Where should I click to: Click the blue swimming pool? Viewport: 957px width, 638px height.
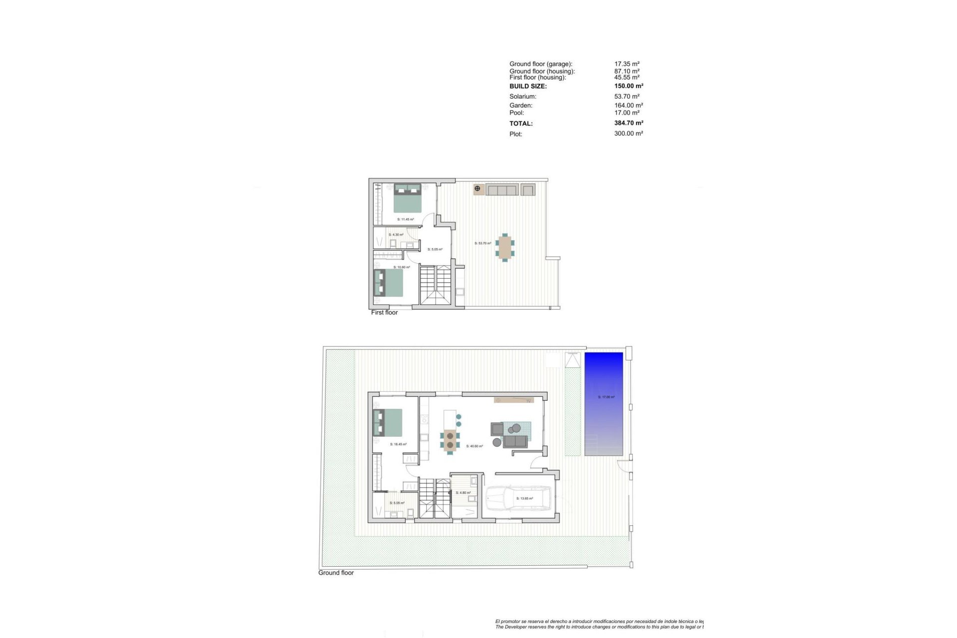pyautogui.click(x=604, y=404)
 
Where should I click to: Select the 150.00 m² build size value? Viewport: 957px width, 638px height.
pyautogui.click(x=629, y=86)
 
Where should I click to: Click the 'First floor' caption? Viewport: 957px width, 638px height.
pyautogui.click(x=384, y=313)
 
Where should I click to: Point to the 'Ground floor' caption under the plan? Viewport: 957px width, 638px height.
pyautogui.click(x=336, y=573)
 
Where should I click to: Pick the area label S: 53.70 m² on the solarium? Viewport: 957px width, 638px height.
pyautogui.click(x=482, y=243)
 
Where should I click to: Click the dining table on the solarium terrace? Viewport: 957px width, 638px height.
pyautogui.click(x=505, y=247)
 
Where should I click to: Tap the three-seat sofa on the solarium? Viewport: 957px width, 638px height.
pyautogui.click(x=502, y=190)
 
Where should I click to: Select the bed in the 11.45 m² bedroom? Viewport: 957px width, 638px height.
pyautogui.click(x=408, y=198)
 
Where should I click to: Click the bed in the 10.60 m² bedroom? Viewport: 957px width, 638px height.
pyautogui.click(x=388, y=283)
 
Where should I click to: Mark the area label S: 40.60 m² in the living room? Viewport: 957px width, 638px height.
pyautogui.click(x=475, y=446)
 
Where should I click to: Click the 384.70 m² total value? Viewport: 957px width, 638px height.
pyautogui.click(x=629, y=123)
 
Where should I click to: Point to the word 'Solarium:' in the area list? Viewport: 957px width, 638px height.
pyautogui.click(x=523, y=97)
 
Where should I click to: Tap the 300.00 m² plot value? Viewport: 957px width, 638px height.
pyautogui.click(x=629, y=134)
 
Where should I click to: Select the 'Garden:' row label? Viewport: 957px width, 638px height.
pyautogui.click(x=521, y=106)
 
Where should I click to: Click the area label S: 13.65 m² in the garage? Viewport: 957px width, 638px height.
pyautogui.click(x=524, y=498)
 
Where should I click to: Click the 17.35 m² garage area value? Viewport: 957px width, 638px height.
pyautogui.click(x=627, y=64)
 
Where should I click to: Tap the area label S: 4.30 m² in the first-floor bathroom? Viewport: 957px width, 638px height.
pyautogui.click(x=396, y=235)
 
